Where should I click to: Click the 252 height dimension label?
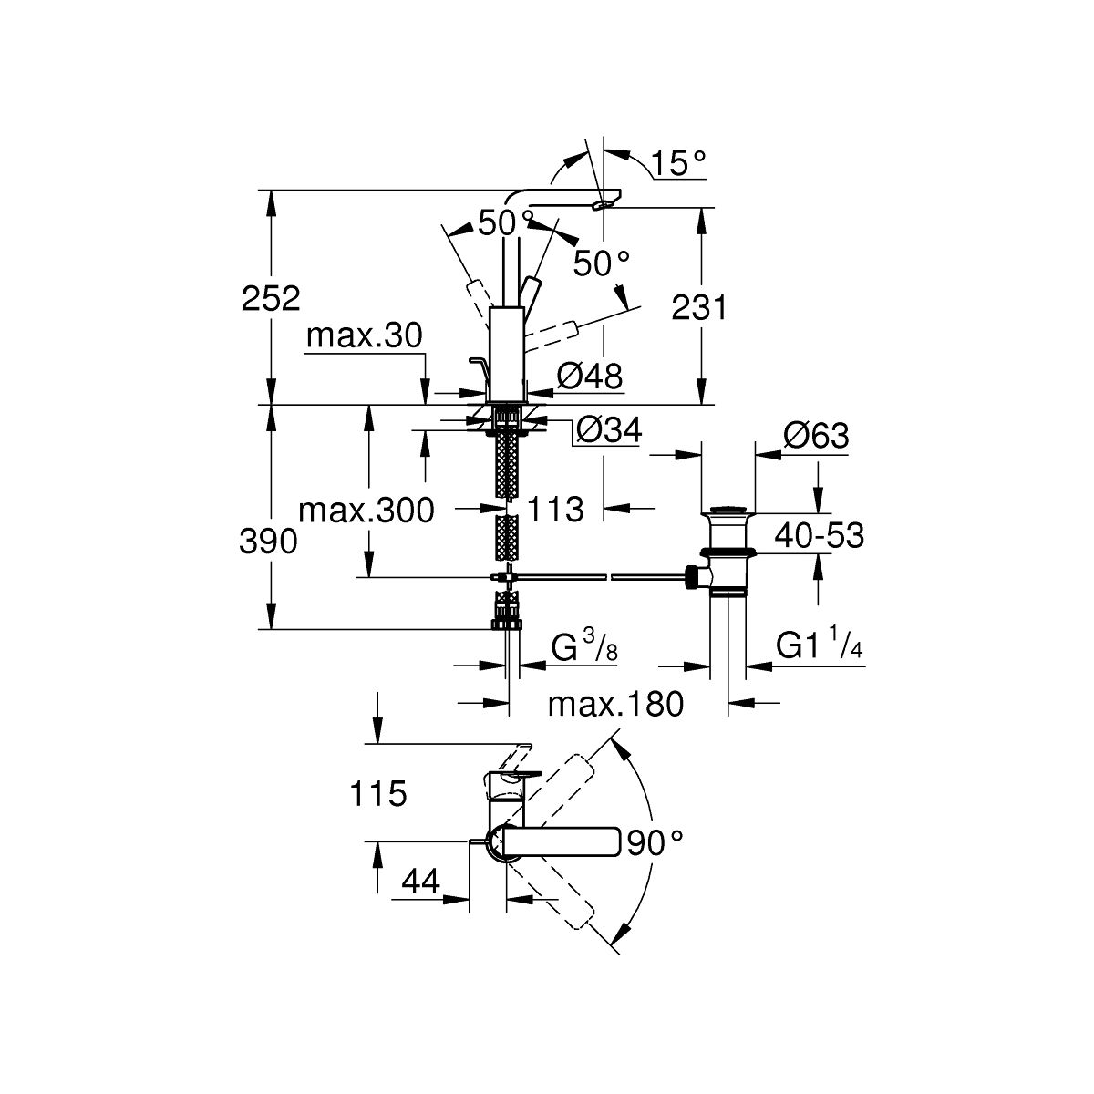[x=271, y=298]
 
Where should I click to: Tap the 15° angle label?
[x=679, y=163]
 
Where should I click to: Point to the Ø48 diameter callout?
[x=589, y=374]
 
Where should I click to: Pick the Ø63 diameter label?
[x=815, y=436]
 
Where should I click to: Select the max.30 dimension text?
[x=365, y=337]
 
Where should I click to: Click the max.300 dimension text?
[x=366, y=511]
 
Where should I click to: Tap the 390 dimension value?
[x=268, y=542]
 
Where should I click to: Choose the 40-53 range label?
[x=819, y=536]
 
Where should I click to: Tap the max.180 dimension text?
[x=616, y=704]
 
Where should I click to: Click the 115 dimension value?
[x=377, y=794]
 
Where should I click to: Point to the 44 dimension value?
[x=420, y=882]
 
